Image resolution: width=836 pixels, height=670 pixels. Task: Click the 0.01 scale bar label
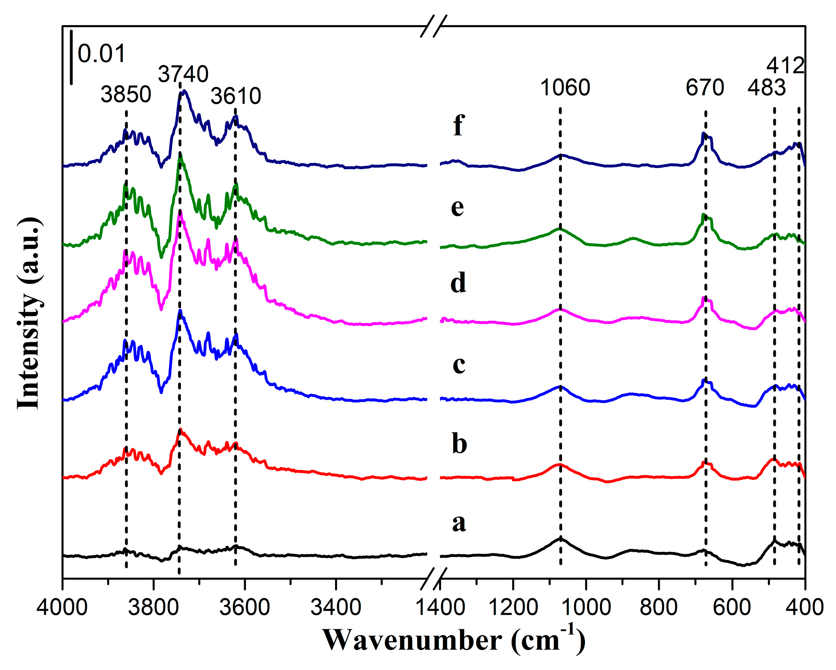click(101, 54)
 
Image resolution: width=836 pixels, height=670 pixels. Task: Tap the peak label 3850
click(126, 94)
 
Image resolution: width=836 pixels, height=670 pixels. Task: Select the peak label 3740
click(183, 74)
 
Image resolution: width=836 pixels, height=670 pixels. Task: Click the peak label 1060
click(565, 88)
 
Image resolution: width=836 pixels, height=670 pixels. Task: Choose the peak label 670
click(705, 88)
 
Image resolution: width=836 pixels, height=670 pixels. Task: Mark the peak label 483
click(766, 88)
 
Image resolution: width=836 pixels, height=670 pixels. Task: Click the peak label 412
click(785, 66)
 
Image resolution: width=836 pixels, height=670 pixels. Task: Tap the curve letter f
click(458, 125)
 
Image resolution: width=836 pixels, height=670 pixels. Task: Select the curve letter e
click(458, 207)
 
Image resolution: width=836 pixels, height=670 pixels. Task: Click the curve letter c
click(459, 365)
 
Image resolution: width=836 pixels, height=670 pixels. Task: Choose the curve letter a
click(459, 523)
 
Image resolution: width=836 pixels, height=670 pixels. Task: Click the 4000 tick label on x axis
click(62, 607)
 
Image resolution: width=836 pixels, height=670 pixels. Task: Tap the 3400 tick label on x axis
click(336, 607)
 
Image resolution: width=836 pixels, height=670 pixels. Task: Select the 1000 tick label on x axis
click(586, 607)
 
